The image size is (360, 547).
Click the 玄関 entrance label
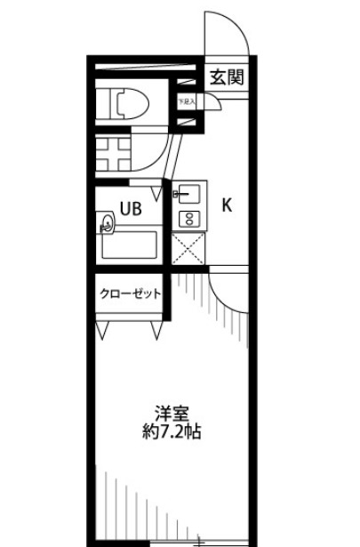pyautogui.click(x=227, y=76)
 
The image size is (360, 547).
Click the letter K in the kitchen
pyautogui.click(x=227, y=205)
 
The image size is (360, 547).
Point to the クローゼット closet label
pyautogui.click(x=130, y=294)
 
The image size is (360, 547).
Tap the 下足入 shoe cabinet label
pyautogui.click(x=186, y=101)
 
